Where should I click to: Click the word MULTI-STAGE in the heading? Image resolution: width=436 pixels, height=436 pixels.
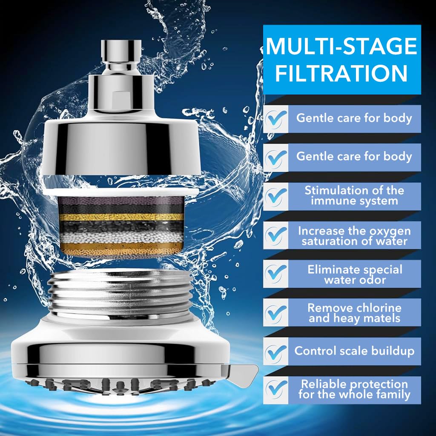[341, 46]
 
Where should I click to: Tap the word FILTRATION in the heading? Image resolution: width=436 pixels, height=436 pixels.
[341, 73]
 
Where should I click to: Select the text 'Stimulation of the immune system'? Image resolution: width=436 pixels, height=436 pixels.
[354, 195]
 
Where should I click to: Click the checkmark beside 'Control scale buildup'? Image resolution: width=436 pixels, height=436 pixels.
[275, 351]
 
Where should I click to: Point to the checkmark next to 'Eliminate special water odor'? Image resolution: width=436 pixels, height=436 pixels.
[275, 274]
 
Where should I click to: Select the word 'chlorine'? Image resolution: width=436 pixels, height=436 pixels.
[379, 307]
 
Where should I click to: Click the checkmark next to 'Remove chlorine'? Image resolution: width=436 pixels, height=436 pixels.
[275, 313]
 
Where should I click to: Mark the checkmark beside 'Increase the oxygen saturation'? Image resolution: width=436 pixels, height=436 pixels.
[275, 235]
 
